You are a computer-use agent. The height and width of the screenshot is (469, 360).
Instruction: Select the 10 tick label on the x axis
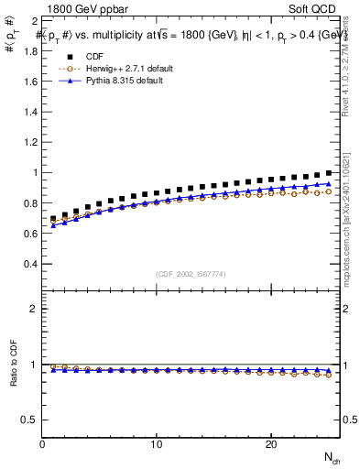pos(157,444)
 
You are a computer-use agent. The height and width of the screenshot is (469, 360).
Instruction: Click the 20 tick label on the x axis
pos(270,444)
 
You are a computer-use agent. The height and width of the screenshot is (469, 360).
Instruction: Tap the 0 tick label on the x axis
pos(43,444)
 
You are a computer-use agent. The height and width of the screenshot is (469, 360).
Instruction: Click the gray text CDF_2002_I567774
pos(191,273)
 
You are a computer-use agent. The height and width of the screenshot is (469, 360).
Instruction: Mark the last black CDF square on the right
pos(328,173)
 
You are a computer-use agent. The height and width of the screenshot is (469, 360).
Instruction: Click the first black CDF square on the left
pos(54,219)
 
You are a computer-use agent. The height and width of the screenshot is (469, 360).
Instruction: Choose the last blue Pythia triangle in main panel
pos(328,183)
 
